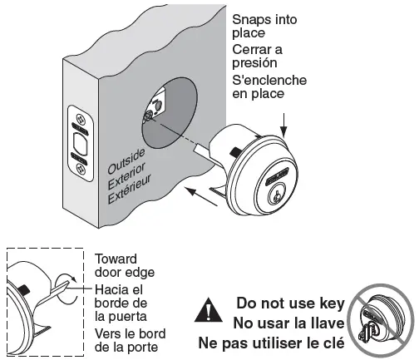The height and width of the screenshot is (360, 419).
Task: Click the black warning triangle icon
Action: pos(202,312)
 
